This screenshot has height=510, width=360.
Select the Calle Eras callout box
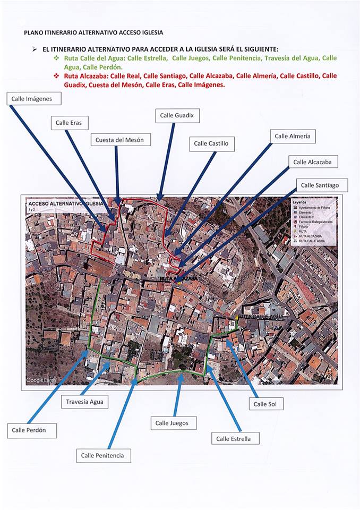68,123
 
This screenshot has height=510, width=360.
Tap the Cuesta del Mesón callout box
119,140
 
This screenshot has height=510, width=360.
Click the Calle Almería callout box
293,137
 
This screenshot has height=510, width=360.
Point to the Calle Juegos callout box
172,423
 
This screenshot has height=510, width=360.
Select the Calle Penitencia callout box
103,455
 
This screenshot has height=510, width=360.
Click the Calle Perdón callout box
32,430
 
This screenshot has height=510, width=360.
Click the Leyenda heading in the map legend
301,202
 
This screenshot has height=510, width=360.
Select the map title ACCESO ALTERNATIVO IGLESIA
66,203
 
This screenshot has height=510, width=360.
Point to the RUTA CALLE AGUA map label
261,317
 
